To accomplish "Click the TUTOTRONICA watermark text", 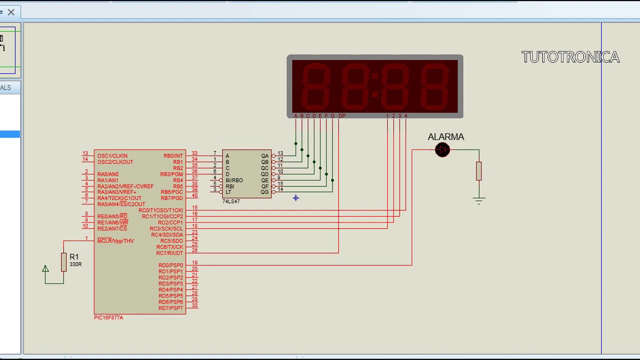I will coord(570,57).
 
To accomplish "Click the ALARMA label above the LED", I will coord(445,137).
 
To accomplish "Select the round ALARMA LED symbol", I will coord(442,150).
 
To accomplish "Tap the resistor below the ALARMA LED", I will coord(479,171).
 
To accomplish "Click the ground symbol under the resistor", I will coord(479,200).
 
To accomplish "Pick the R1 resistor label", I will coord(74,257).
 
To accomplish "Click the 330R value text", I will coord(75,264).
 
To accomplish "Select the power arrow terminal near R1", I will coord(45,269).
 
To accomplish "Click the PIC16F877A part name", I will coord(108,317).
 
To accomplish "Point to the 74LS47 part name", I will coord(231,201).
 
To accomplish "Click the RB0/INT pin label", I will coord(173,156).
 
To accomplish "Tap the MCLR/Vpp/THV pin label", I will coord(115,241).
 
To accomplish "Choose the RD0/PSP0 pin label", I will coord(170,265).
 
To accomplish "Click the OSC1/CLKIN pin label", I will coord(112,156).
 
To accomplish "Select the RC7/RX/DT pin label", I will coord(169,253).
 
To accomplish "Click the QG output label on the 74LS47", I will coord(264,192).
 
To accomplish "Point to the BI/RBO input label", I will coord(234,180).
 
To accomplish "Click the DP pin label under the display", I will coord(341,116).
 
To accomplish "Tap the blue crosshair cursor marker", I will coord(295,198).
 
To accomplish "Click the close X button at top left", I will coord(11,12).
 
